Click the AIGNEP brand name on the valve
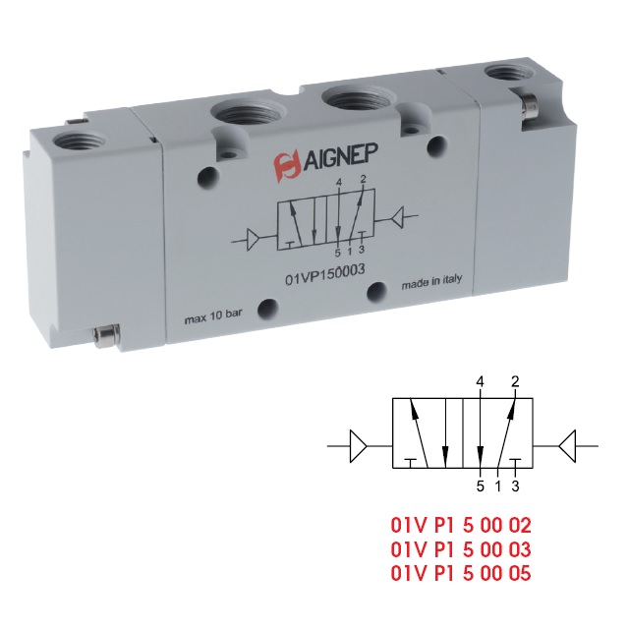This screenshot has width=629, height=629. coord(340,156)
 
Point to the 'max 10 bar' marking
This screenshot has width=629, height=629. coord(213,316)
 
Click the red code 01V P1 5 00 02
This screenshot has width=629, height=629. coord(461,526)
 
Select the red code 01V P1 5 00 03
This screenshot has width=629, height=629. coord(461,549)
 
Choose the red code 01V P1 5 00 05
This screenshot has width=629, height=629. coord(461,573)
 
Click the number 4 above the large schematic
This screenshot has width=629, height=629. coord(480,382)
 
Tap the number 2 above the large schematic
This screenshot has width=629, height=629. coord(515,381)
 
